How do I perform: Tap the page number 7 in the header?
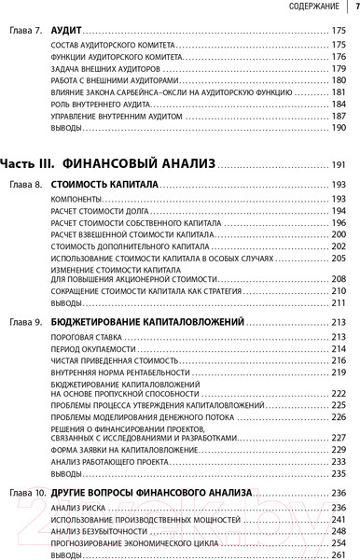(x=353, y=8)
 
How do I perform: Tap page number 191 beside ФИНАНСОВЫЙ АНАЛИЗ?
(x=338, y=165)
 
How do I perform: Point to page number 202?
(x=339, y=246)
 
